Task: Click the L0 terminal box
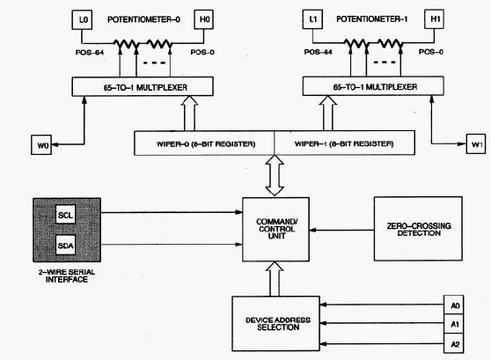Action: click(x=82, y=19)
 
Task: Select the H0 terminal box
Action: click(x=203, y=19)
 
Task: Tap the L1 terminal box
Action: click(x=312, y=19)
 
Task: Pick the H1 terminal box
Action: click(x=434, y=19)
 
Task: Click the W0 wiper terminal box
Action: click(x=41, y=144)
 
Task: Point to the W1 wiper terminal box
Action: click(x=476, y=143)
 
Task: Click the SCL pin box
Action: click(x=65, y=215)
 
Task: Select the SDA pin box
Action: click(x=65, y=246)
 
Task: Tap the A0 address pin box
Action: click(x=454, y=305)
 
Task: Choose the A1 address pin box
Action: click(x=454, y=324)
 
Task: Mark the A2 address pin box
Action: click(x=454, y=343)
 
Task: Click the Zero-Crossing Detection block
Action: click(x=418, y=229)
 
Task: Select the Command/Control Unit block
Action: click(x=276, y=230)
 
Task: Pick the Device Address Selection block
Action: click(x=276, y=324)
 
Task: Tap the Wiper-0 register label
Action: click(x=206, y=144)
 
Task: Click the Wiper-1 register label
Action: click(x=344, y=143)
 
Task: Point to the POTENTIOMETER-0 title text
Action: click(x=143, y=19)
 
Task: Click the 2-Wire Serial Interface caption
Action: click(x=67, y=276)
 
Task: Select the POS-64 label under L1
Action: click(x=319, y=52)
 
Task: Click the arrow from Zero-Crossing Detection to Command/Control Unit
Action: click(x=341, y=231)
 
